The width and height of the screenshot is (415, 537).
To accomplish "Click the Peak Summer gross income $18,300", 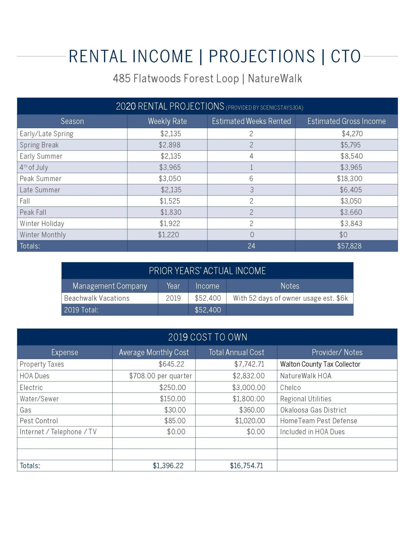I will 349,179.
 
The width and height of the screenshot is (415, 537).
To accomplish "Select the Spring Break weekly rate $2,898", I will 169,145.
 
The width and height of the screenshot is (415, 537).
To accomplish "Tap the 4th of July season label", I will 34,168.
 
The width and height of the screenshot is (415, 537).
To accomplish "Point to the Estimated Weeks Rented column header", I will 251,121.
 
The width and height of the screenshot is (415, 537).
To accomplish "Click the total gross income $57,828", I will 349,246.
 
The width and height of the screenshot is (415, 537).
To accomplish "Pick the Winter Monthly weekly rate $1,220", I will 168,235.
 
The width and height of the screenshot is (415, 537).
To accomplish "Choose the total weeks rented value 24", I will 251,246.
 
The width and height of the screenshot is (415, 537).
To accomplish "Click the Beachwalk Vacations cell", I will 97,298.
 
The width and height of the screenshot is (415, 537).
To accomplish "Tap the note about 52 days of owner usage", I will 290,298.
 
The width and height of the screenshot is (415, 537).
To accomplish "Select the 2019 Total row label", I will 81,310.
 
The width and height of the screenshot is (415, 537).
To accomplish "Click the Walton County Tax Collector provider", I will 320,364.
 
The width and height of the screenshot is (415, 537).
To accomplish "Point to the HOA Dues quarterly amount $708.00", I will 160,376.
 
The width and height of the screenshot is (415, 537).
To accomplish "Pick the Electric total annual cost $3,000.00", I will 249,387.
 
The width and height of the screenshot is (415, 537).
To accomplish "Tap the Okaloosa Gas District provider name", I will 313,410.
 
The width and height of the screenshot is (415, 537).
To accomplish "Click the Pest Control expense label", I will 39,421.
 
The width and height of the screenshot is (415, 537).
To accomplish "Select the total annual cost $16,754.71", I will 246,466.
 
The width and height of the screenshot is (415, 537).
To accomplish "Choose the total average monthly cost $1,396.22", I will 168,466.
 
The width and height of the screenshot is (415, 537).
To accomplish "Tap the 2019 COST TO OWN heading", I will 207,337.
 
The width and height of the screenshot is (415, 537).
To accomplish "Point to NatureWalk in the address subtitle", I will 275,79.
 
